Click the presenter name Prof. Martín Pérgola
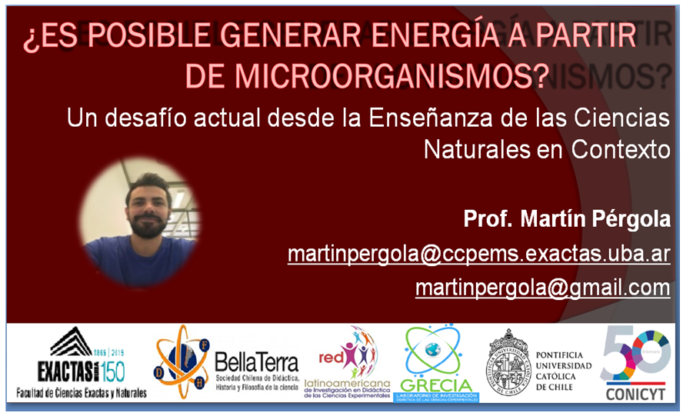pos(567,219)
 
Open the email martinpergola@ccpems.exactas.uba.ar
pos(478,254)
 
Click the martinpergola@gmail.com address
pos(542,288)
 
